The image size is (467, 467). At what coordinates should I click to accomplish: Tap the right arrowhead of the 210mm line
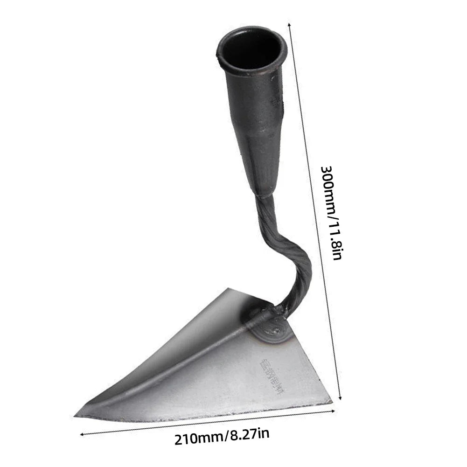(334, 410)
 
